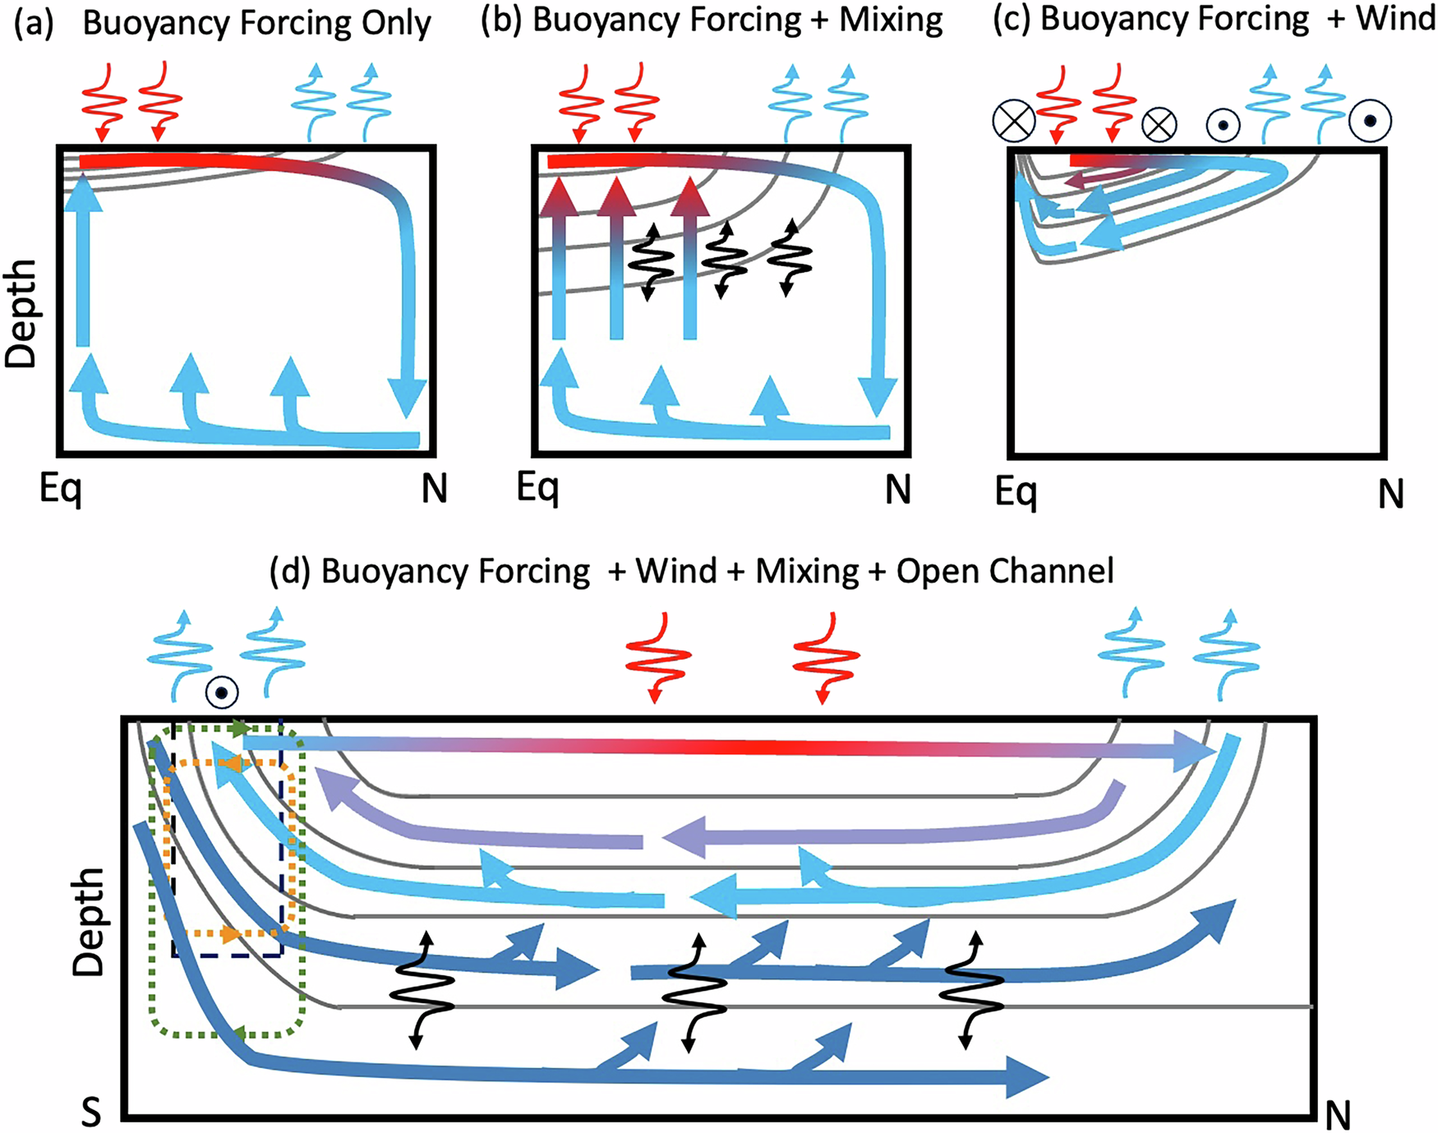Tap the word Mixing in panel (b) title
pyautogui.click(x=891, y=21)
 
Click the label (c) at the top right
pyautogui.click(x=1012, y=20)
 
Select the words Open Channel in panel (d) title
pyautogui.click(x=1004, y=570)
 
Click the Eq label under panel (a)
pyautogui.click(x=61, y=490)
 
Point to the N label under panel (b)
pyautogui.click(x=897, y=491)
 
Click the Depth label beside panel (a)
pyautogui.click(x=21, y=313)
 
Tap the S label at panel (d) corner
pyautogui.click(x=91, y=1112)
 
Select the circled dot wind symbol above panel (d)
pyautogui.click(x=222, y=693)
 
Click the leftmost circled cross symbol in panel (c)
pyautogui.click(x=1013, y=122)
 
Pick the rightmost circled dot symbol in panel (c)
pyautogui.click(x=1370, y=121)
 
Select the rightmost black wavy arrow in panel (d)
pyautogui.click(x=971, y=990)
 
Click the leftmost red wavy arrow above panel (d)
pyautogui.click(x=657, y=658)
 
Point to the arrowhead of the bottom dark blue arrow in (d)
pyautogui.click(x=1027, y=1077)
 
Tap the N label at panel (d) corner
pyautogui.click(x=1338, y=1115)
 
